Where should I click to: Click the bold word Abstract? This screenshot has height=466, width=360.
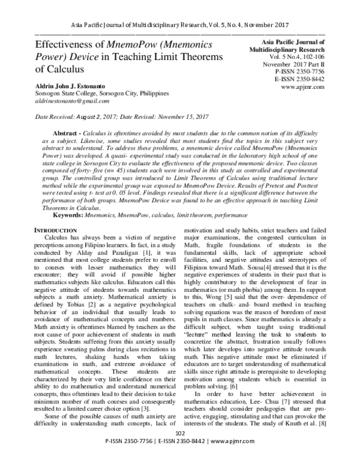(63, 131)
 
